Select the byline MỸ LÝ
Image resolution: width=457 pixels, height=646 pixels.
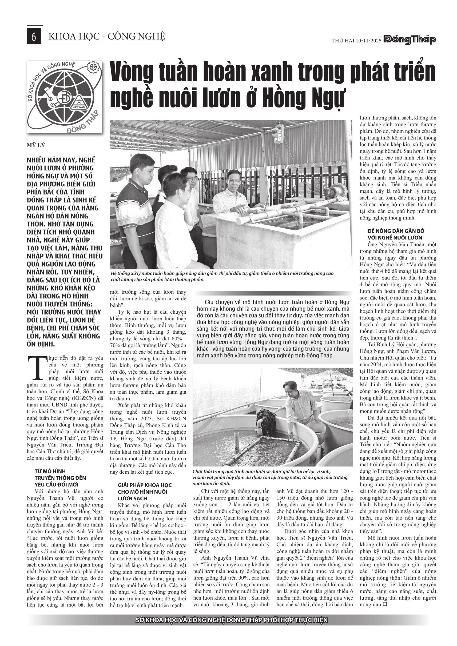[x=36, y=145]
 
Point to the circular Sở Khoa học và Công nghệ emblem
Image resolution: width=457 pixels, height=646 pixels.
[x=65, y=97]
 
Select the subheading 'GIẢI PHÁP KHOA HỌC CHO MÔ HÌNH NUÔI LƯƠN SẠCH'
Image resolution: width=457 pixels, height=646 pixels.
[x=145, y=492]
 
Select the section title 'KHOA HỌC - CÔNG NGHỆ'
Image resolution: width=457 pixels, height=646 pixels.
[x=107, y=37]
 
